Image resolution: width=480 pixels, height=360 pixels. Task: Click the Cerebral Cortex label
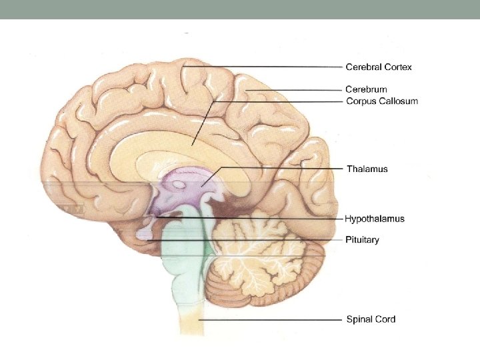click(378, 67)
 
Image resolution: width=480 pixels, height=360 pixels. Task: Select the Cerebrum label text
click(366, 89)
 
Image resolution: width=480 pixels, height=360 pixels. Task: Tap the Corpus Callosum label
click(381, 101)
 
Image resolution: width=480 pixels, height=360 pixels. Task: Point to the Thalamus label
click(367, 169)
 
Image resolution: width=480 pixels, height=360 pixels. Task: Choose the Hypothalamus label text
click(374, 219)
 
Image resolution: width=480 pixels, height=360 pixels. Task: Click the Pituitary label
click(362, 239)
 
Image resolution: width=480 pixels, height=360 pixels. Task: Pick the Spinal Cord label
click(371, 319)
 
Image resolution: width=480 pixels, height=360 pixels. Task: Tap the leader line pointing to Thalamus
click(280, 168)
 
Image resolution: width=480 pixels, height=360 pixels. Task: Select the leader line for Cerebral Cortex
click(267, 67)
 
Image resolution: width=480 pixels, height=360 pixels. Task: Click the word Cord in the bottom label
click(385, 319)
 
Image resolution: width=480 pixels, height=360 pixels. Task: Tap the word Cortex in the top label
click(399, 67)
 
